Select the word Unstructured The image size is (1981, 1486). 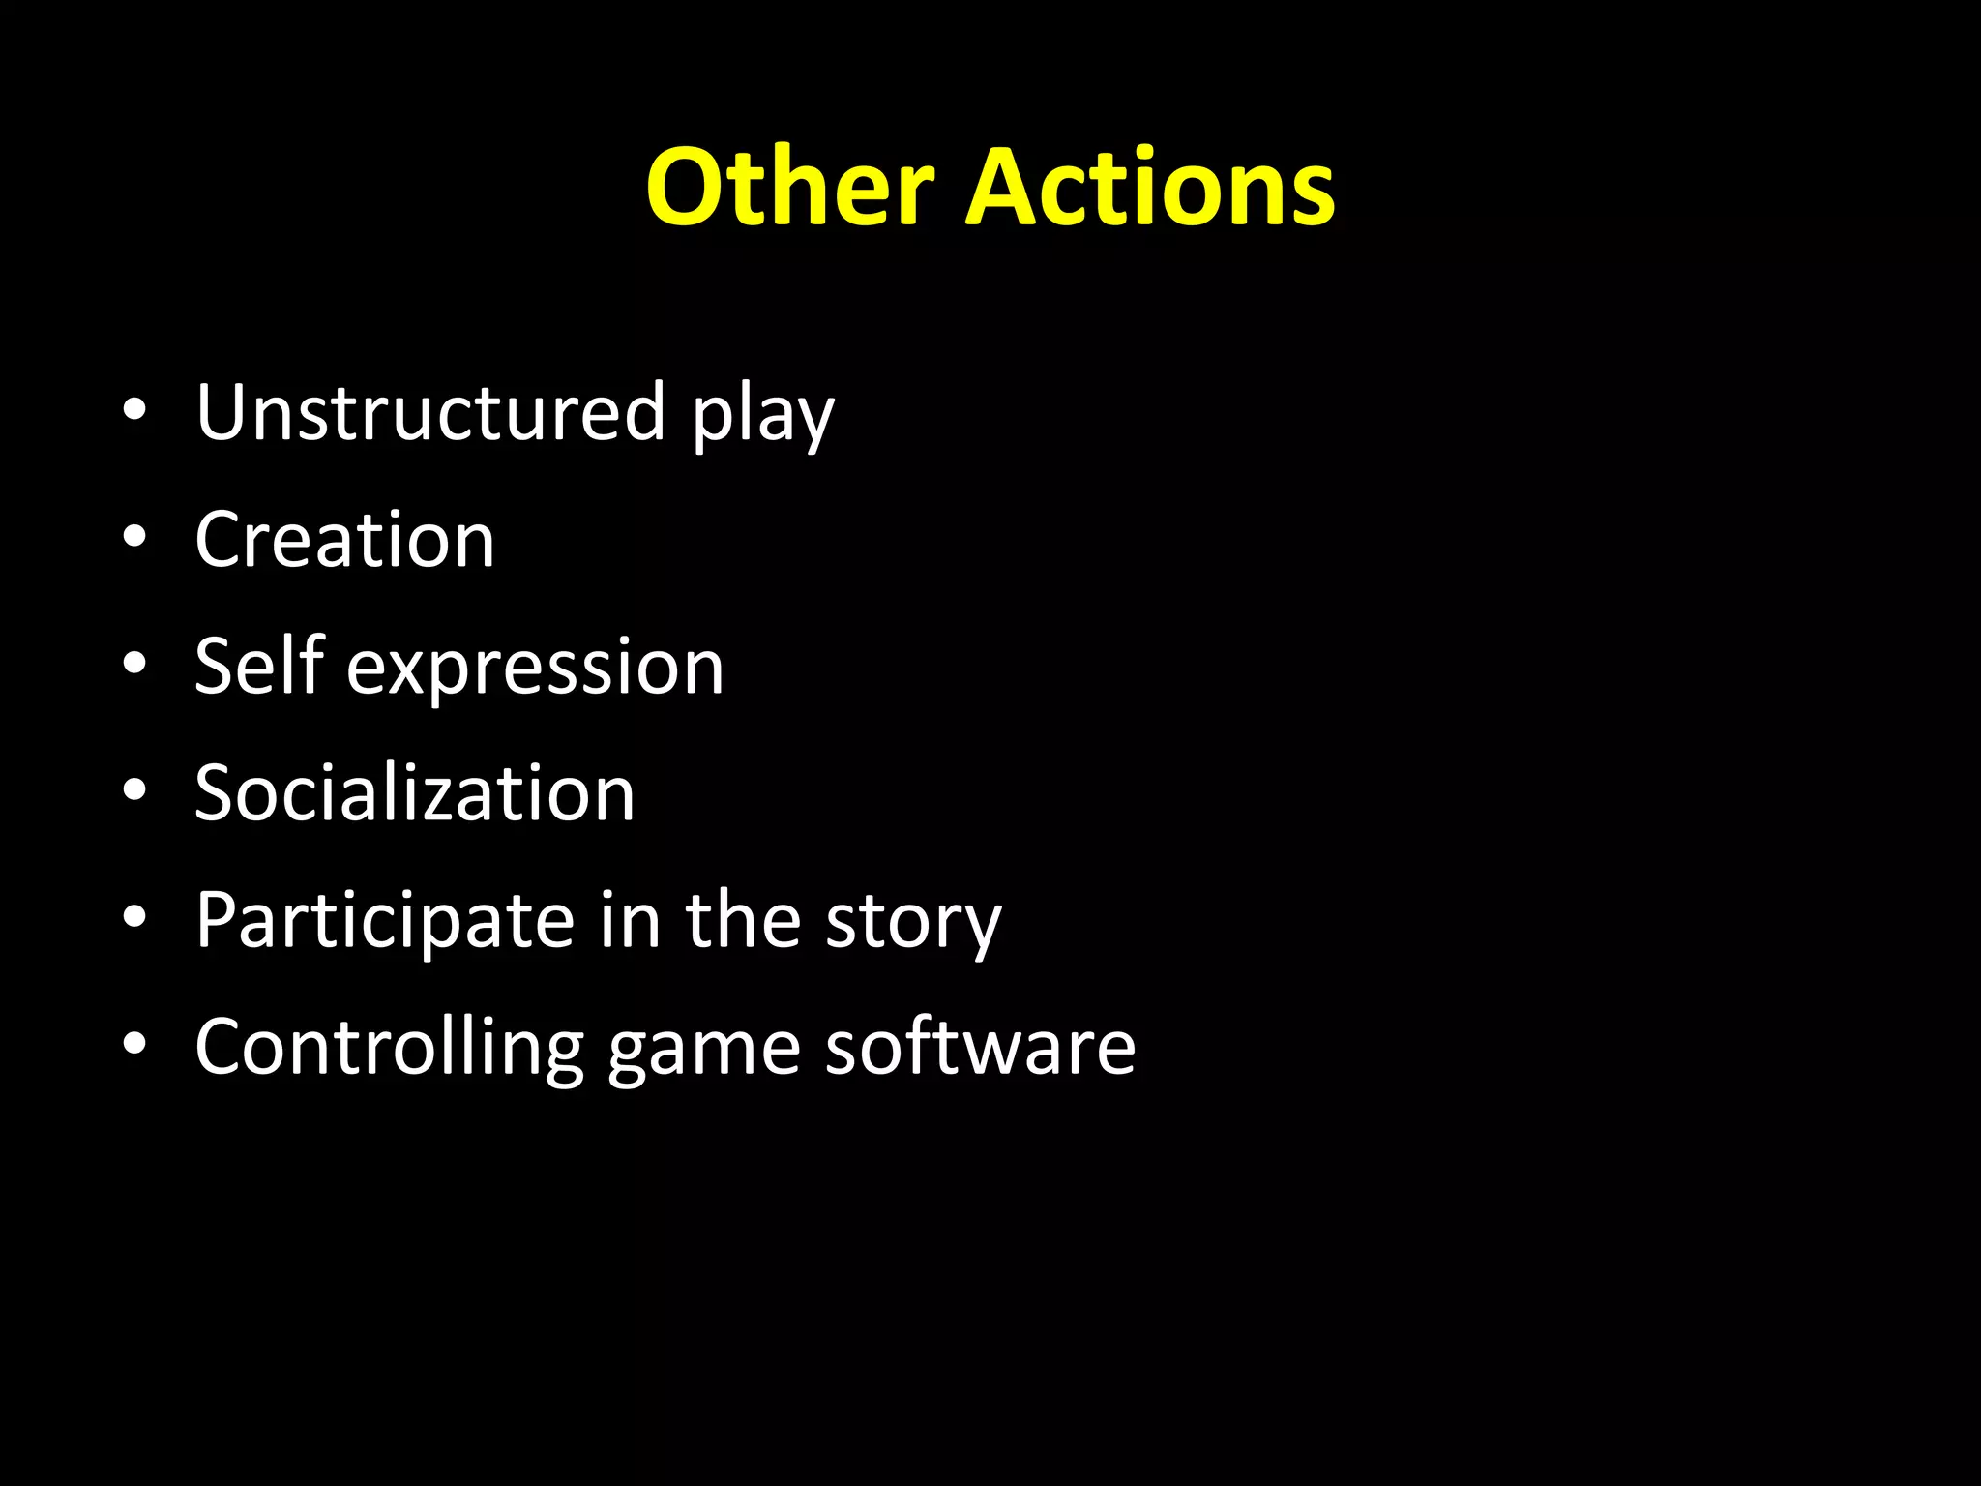[430, 412]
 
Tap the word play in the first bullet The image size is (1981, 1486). [762, 418]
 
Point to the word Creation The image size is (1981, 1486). [344, 540]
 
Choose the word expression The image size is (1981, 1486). [535, 670]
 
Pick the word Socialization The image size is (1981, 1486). [414, 793]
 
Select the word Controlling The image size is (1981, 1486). [389, 1048]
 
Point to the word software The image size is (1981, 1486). [980, 1047]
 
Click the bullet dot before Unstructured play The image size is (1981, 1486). [134, 409]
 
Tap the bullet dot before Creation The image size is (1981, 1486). [134, 537]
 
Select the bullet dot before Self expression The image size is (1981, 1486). [134, 664]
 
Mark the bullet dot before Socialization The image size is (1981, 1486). [134, 790]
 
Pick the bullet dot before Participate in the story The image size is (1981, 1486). [134, 917]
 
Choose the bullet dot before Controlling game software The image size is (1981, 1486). [134, 1044]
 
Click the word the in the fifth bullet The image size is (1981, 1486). [742, 920]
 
